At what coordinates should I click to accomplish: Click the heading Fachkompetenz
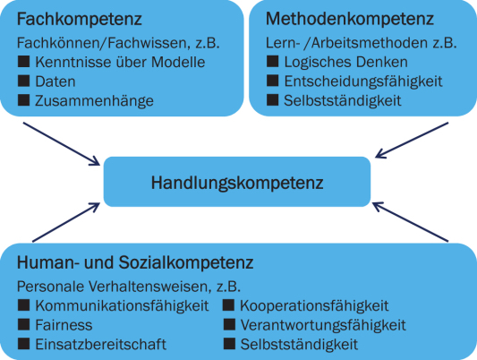[x=80, y=20]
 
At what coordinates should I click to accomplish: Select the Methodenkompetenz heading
[x=350, y=19]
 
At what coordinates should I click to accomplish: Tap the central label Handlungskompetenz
[x=237, y=184]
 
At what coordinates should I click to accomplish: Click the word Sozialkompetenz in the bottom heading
[x=186, y=262]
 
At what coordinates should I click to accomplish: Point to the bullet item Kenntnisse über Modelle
[x=120, y=62]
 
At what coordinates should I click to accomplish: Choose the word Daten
[x=55, y=81]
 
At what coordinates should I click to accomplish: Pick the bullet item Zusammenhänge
[x=94, y=101]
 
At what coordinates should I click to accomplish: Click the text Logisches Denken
[x=345, y=63]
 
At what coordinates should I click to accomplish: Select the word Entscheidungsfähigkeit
[x=363, y=81]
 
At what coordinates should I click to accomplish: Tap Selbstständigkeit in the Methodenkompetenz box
[x=343, y=100]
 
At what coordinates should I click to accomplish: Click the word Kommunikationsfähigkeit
[x=122, y=306]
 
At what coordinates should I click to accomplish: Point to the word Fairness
[x=64, y=325]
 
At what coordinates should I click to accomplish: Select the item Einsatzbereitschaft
[x=101, y=345]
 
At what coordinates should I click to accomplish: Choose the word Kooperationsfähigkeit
[x=314, y=306]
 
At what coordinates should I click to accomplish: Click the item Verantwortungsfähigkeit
[x=323, y=325]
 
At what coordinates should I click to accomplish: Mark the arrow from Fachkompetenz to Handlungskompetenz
[x=62, y=144]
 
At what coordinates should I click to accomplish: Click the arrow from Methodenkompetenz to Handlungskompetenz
[x=412, y=141]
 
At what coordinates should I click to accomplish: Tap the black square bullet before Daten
[x=24, y=81]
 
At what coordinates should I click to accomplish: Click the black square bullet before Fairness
[x=24, y=324]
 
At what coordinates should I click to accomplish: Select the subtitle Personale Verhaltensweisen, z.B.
[x=129, y=287]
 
